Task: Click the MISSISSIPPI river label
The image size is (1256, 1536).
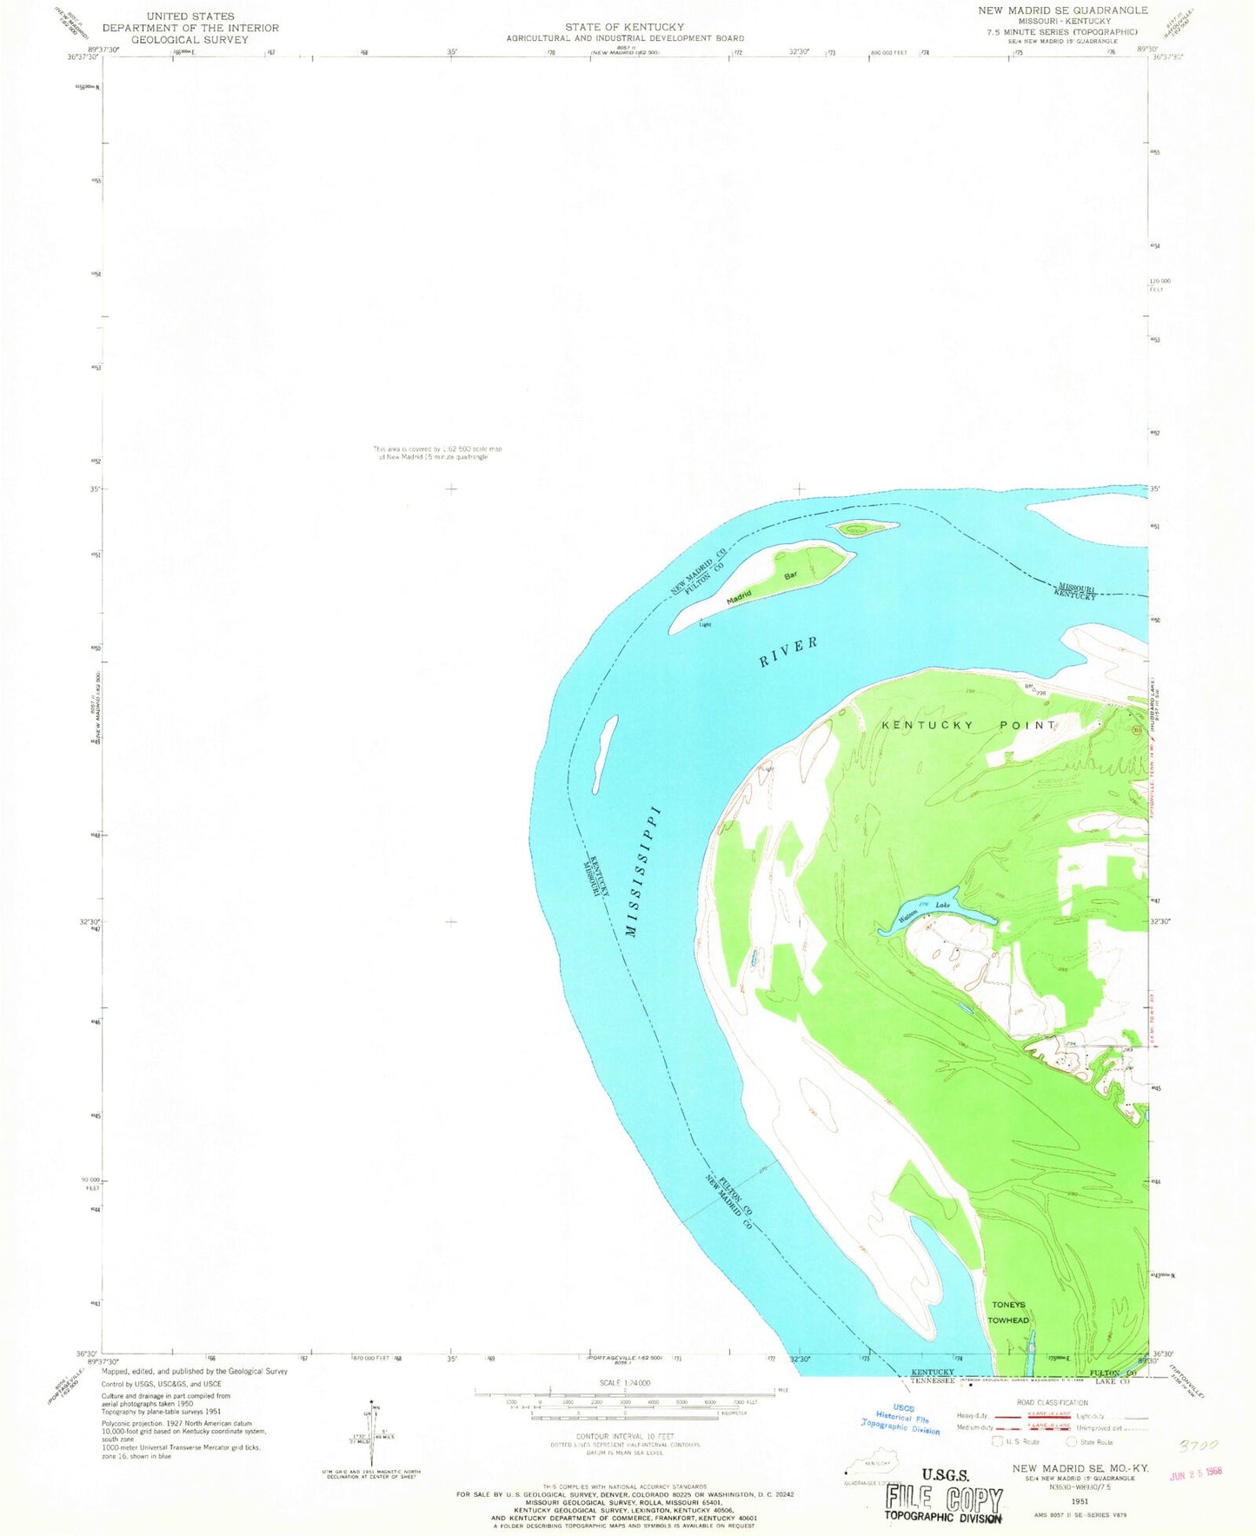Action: (644, 873)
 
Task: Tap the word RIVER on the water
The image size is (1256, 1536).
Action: (788, 652)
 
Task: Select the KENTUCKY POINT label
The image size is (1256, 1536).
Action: (969, 725)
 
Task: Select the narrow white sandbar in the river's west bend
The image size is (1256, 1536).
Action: (607, 752)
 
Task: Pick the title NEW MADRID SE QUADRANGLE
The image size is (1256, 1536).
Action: (1073, 10)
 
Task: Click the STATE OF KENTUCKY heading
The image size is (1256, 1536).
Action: (625, 27)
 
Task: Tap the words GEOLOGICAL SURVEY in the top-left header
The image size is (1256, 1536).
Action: (189, 39)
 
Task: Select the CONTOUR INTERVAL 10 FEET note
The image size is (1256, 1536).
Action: (625, 1436)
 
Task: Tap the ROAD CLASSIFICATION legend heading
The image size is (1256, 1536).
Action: (1052, 1403)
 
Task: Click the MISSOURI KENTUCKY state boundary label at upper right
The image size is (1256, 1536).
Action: (1077, 591)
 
